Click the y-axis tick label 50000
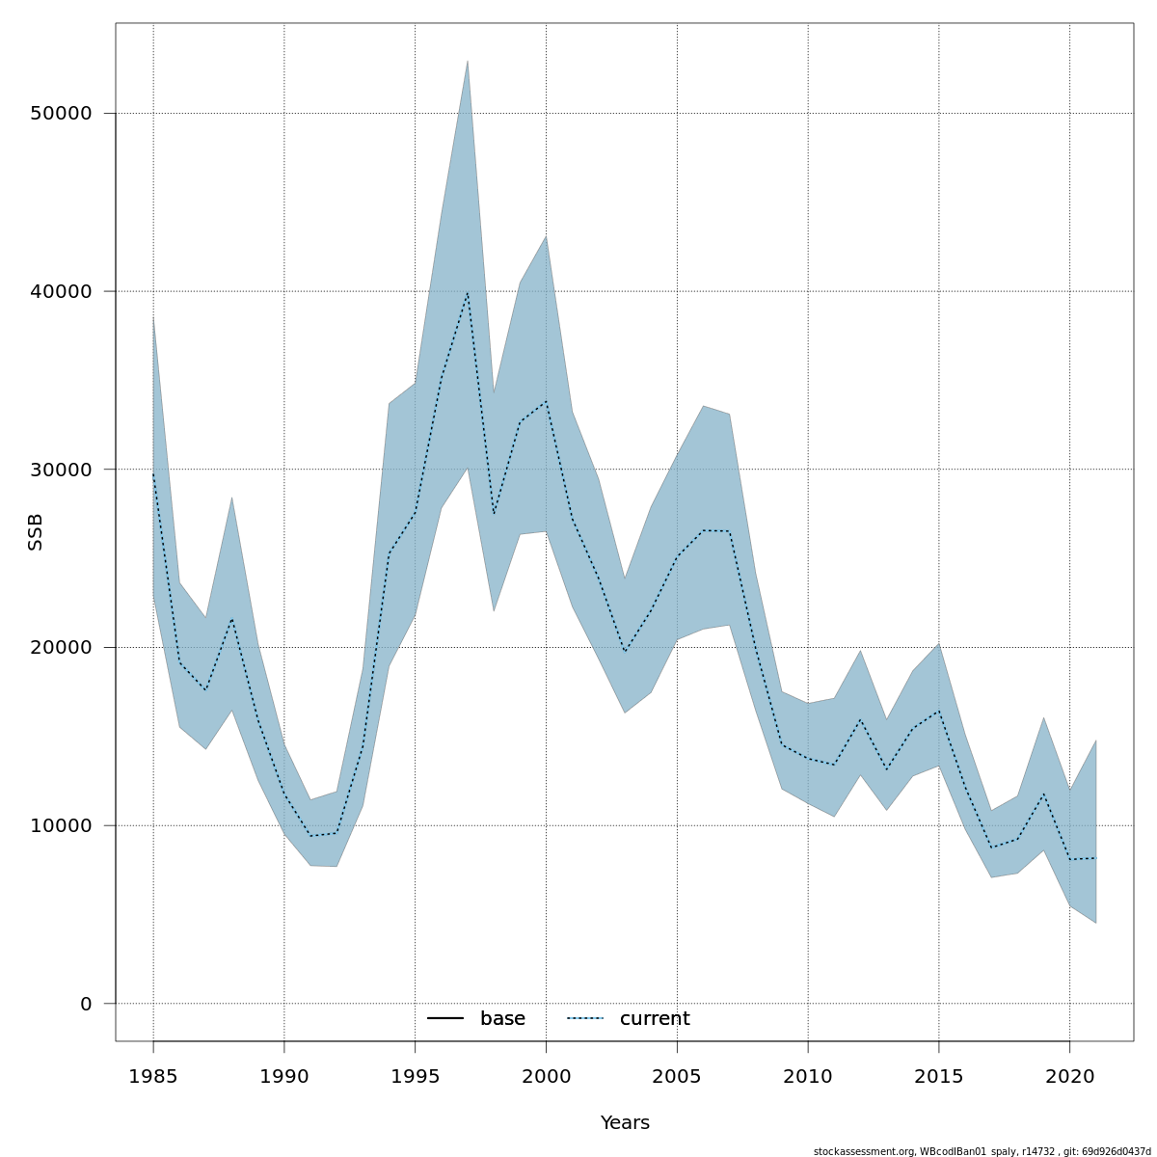tap(61, 114)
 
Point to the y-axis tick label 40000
tap(61, 291)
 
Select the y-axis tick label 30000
tap(61, 470)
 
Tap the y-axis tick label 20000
tap(61, 648)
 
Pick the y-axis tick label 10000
tap(61, 826)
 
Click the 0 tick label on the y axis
tap(86, 1004)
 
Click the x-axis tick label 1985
tap(153, 1076)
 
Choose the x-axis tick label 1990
tap(284, 1076)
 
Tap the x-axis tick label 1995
tap(416, 1076)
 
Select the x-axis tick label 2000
tap(546, 1076)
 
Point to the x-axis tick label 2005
tap(677, 1076)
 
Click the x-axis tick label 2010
tap(808, 1076)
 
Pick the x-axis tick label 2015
tap(939, 1076)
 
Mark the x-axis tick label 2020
tap(1069, 1076)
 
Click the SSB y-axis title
tap(36, 532)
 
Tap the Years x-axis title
tap(625, 1123)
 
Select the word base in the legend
tap(502, 1019)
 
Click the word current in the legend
tap(655, 1019)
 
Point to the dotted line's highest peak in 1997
tap(468, 291)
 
